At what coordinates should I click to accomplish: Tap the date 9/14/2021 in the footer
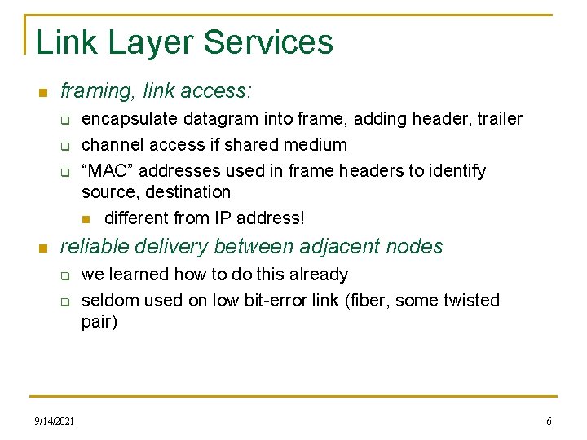click(x=55, y=420)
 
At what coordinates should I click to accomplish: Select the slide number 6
click(x=549, y=420)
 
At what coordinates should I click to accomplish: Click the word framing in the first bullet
click(x=90, y=91)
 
